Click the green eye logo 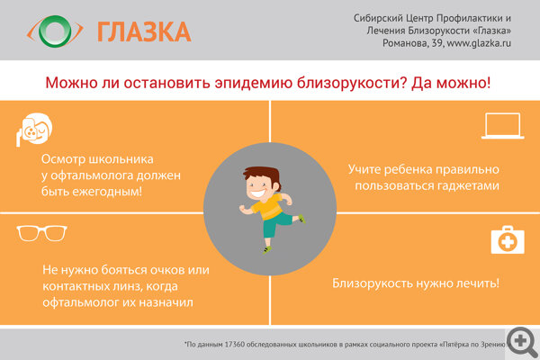tap(55, 31)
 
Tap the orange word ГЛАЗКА tap(144, 32)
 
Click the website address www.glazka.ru tap(479, 43)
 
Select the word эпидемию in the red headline tap(254, 83)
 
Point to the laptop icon tap(503, 126)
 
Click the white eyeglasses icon tap(41, 233)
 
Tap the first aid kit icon tap(508, 239)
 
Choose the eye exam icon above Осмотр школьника tap(34, 129)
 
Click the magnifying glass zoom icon tap(522, 342)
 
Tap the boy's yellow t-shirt tap(268, 207)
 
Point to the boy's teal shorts tap(276, 224)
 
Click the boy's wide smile tap(258, 193)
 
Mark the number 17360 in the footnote tap(235, 344)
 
